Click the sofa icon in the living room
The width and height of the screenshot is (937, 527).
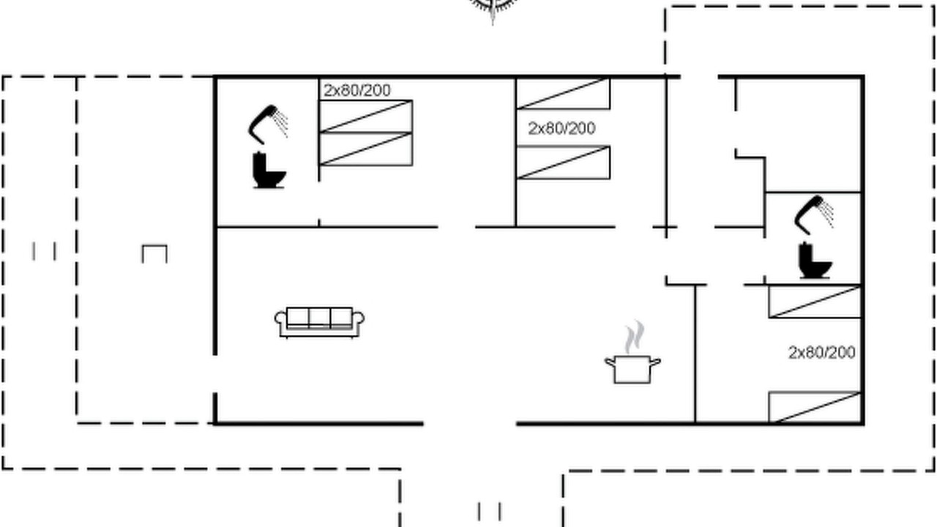(x=319, y=322)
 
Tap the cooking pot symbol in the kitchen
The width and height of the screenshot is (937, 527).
(x=632, y=370)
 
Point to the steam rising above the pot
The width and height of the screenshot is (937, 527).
(x=635, y=337)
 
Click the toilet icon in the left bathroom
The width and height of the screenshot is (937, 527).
(x=269, y=171)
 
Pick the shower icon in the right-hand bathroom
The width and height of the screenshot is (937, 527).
(x=813, y=215)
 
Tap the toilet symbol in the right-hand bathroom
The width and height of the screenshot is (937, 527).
(x=815, y=261)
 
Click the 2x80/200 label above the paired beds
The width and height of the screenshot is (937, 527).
(x=357, y=90)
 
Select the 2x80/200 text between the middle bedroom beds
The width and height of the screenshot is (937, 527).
(x=561, y=128)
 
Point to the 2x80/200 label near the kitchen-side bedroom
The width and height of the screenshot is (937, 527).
(x=822, y=353)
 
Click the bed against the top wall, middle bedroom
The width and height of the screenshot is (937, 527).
(x=563, y=93)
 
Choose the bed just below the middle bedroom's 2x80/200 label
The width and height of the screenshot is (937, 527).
(x=563, y=162)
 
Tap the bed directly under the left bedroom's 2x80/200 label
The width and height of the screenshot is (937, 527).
(x=366, y=116)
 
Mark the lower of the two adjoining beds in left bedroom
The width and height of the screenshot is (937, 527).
(x=366, y=149)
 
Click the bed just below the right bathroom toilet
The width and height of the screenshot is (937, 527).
(x=815, y=302)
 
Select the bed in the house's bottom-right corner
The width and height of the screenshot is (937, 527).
(x=815, y=408)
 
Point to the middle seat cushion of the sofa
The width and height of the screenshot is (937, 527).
(x=320, y=317)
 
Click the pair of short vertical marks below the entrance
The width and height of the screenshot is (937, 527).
(x=490, y=511)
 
